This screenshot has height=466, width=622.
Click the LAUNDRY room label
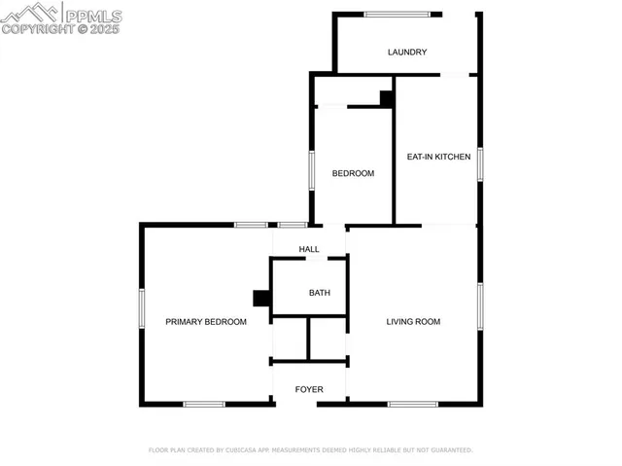[407, 53]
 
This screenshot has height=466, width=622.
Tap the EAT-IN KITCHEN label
[438, 157]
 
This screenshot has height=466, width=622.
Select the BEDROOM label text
[353, 173]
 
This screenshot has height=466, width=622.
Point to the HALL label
[309, 249]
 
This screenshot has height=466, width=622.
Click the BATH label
[320, 293]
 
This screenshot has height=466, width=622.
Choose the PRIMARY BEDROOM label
[205, 322]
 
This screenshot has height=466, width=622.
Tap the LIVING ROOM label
[414, 322]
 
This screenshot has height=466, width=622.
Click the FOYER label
[309, 389]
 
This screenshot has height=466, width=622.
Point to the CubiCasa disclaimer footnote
[310, 450]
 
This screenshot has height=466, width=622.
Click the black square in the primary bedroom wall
[260, 299]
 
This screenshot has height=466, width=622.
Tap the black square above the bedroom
[386, 98]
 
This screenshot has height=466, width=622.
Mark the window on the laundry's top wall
[397, 14]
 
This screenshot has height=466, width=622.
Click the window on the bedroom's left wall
[311, 170]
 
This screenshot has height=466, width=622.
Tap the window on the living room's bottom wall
[413, 404]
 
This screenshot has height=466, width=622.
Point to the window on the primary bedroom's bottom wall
[204, 404]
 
